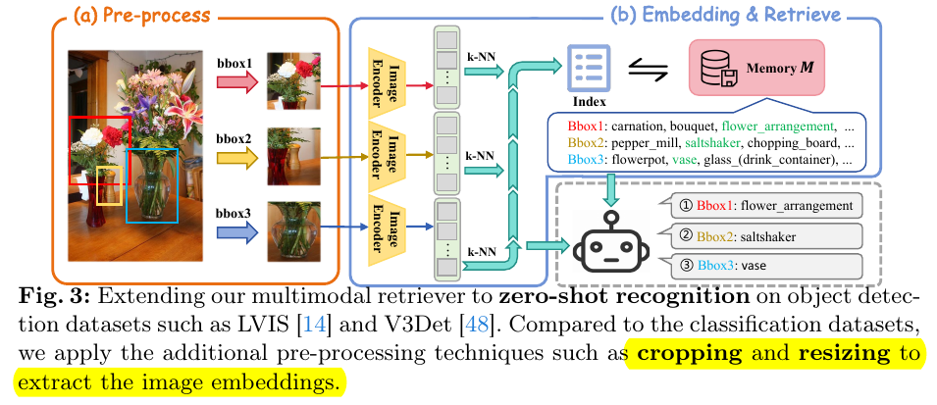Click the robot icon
[609, 240]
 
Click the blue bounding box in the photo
[151, 185]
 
